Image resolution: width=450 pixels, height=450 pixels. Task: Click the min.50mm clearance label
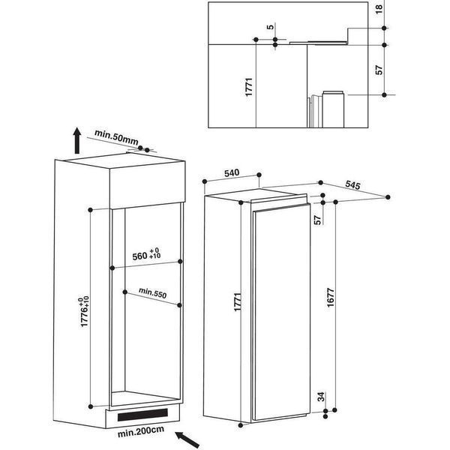(x=116, y=137)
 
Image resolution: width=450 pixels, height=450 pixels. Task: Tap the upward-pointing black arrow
(x=77, y=141)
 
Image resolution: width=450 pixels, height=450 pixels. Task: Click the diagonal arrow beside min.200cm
(x=187, y=439)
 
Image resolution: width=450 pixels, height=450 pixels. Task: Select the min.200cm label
(x=141, y=431)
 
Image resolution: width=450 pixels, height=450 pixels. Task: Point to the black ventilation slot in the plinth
(x=142, y=415)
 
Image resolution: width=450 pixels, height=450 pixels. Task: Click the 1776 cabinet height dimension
(x=85, y=311)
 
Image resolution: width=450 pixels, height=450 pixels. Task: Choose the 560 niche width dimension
(x=146, y=255)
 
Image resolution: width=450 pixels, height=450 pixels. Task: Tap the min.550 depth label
(x=153, y=292)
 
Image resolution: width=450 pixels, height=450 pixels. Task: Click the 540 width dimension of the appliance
(x=232, y=172)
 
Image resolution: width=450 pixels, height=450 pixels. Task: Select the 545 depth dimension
(x=352, y=185)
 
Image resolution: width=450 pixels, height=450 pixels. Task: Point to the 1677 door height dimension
(x=331, y=298)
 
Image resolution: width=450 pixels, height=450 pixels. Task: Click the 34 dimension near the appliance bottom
(x=321, y=397)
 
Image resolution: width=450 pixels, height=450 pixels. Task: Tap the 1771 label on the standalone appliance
(x=238, y=302)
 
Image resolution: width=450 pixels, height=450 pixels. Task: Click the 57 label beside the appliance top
(x=317, y=220)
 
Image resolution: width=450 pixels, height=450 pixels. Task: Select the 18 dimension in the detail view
(x=379, y=9)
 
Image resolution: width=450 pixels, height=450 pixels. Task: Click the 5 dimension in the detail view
(x=270, y=27)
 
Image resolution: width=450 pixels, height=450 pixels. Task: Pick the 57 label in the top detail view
(x=379, y=70)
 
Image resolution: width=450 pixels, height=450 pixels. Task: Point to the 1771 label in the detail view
(x=249, y=87)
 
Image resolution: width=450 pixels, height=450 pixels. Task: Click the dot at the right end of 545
(x=388, y=197)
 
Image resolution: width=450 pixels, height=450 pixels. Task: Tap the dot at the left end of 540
(x=205, y=181)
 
